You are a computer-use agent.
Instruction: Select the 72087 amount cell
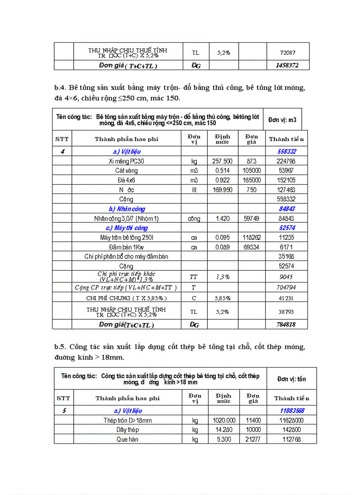click(287, 52)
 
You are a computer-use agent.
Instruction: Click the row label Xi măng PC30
click(126, 161)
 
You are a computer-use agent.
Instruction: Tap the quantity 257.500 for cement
click(222, 161)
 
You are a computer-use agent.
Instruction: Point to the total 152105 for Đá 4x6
click(286, 180)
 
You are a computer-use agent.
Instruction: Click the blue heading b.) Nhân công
click(127, 209)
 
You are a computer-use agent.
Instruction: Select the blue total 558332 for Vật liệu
click(286, 152)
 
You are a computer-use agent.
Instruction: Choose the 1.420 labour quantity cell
click(222, 219)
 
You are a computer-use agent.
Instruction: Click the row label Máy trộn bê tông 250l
click(126, 238)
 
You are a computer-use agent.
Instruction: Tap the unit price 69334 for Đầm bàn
click(251, 247)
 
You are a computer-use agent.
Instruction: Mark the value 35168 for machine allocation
click(286, 257)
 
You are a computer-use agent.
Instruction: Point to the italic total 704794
click(286, 287)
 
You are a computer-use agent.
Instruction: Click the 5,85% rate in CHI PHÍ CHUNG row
click(222, 298)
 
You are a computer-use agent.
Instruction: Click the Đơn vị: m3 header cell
click(285, 119)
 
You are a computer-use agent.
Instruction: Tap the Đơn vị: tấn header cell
click(292, 379)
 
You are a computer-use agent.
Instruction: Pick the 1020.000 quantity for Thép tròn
click(224, 421)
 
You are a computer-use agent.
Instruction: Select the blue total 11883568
click(292, 411)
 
